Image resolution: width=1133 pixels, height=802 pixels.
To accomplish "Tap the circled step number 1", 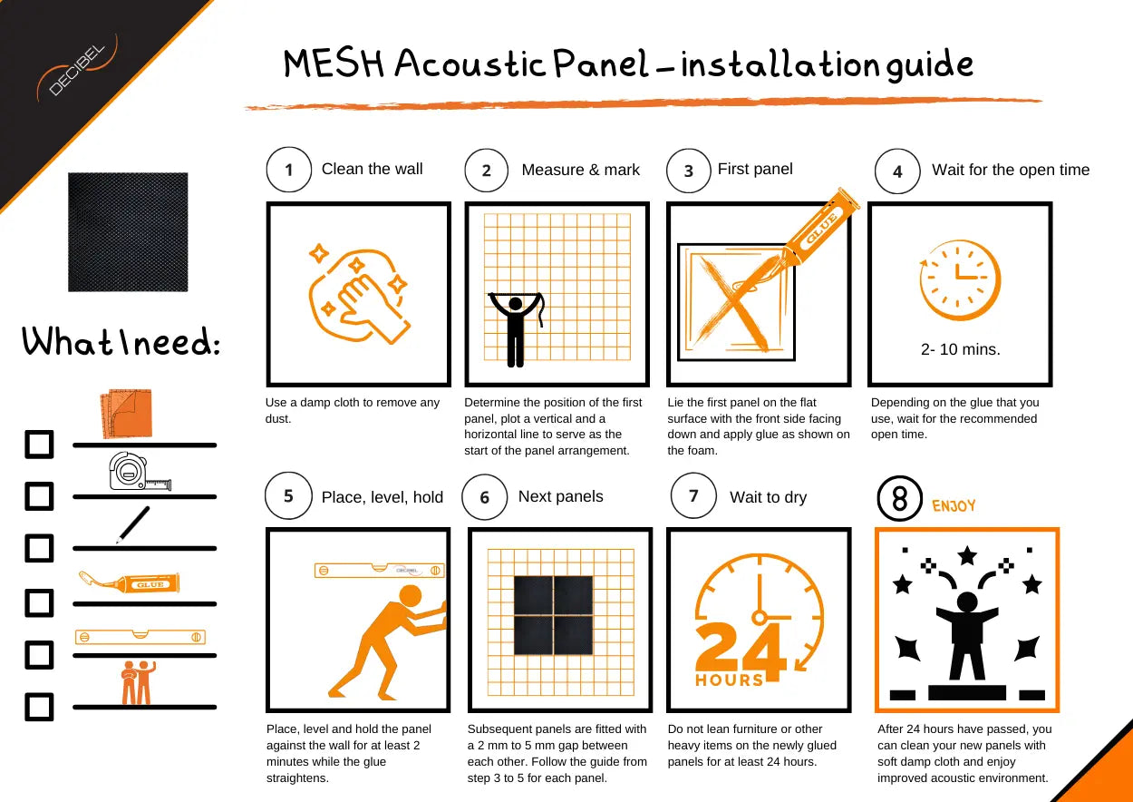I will coord(289,171).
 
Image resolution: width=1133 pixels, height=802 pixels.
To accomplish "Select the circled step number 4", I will coord(897,171).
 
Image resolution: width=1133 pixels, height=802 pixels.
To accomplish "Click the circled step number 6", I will coord(484,498).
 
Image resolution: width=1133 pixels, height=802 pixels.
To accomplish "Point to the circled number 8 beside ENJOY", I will coord(900,499).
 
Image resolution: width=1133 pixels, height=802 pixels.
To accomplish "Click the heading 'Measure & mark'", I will coord(580,171).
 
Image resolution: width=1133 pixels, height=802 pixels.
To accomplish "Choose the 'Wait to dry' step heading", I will coord(768,497).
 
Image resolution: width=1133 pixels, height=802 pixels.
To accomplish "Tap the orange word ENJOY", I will coord(954,506).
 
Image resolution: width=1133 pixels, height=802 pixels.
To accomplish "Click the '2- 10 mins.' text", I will coord(960,349).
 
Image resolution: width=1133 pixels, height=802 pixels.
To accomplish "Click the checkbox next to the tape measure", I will coord(39,496).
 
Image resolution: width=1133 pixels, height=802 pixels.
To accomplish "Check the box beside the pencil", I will coord(39,548).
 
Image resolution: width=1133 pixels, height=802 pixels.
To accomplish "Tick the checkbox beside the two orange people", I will coord(39,707).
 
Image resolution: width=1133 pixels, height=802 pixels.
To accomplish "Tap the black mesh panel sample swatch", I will coord(128,232).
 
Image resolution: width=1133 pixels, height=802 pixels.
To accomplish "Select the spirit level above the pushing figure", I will coord(379,570).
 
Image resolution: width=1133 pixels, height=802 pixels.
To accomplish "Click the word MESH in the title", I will coord(335,65).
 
